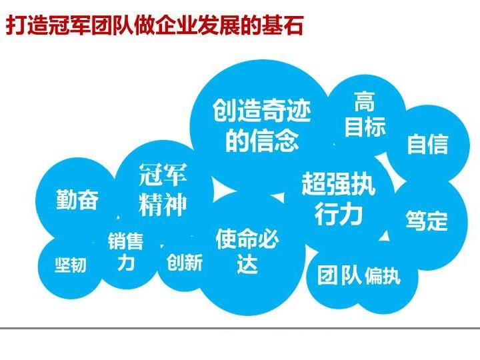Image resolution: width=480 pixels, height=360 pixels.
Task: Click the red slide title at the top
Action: pos(154,25)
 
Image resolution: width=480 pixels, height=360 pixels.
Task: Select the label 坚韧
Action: pos(71,265)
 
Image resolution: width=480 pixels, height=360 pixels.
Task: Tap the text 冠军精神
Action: pos(163,190)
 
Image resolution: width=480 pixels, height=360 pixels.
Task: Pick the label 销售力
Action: pos(125,251)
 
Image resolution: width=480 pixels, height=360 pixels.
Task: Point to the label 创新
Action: pos(185,263)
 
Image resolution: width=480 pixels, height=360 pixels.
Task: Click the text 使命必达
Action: pos(247,251)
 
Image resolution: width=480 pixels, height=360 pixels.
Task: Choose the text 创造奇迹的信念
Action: pos(262,125)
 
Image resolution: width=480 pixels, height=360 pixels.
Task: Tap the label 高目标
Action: pos(365,114)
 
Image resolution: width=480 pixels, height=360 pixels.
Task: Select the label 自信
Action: pos(427,144)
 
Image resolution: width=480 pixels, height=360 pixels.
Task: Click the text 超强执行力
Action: pos(338,198)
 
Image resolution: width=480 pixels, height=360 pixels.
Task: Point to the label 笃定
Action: pos(427,220)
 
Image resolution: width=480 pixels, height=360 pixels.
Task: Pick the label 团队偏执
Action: pos(359,275)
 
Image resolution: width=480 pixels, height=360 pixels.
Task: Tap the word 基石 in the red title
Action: pos(283,25)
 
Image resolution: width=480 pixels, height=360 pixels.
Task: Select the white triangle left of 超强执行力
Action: pos(279,198)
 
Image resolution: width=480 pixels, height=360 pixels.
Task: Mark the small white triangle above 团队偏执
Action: pos(385,236)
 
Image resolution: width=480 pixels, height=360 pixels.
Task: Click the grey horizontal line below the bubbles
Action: pos(240,328)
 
